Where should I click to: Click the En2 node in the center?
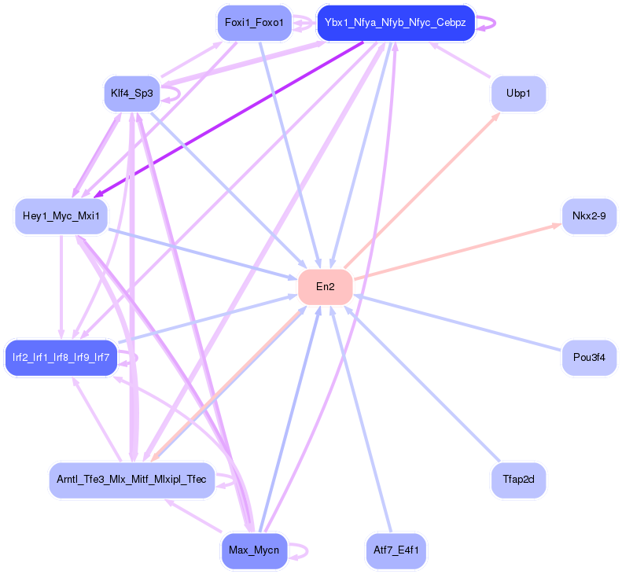pos(325,287)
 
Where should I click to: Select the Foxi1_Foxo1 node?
pos(254,22)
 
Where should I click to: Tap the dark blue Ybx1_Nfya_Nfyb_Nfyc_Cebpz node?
pos(395,23)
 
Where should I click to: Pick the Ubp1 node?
pos(517,94)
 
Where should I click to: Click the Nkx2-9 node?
pos(589,215)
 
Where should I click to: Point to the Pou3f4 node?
pos(589,358)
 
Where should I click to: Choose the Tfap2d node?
pos(517,478)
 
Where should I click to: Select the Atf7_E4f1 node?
pos(396,550)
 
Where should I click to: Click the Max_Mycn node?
pos(254,550)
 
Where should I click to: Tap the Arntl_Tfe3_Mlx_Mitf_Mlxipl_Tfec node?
pos(131,479)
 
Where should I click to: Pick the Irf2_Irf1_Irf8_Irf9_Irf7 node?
pos(61,358)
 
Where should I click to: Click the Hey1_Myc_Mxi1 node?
pos(61,215)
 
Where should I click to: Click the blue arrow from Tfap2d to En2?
pos(425,385)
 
